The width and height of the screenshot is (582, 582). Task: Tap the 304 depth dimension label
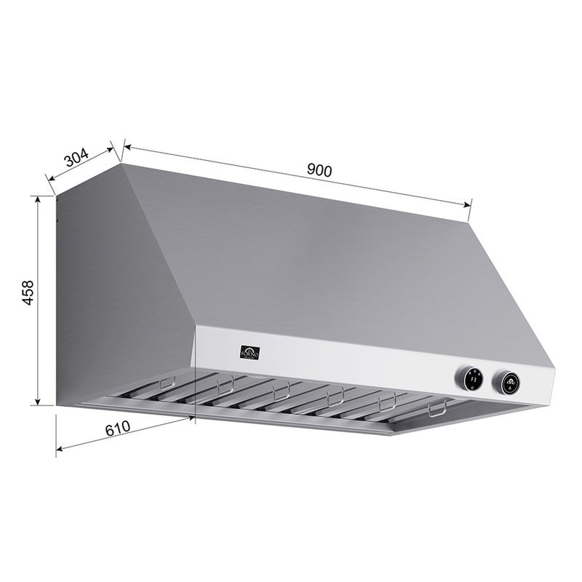point(76,158)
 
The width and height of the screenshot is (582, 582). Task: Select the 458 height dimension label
point(27,292)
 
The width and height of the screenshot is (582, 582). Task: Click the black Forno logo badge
point(250,353)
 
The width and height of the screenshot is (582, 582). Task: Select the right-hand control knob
point(507,381)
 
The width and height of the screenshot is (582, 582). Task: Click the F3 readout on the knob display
point(471,378)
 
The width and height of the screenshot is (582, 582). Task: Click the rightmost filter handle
point(437,410)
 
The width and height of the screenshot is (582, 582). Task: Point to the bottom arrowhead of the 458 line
point(37,403)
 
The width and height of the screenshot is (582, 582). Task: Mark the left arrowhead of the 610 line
point(59,449)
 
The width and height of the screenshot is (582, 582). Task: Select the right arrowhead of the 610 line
point(193,418)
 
